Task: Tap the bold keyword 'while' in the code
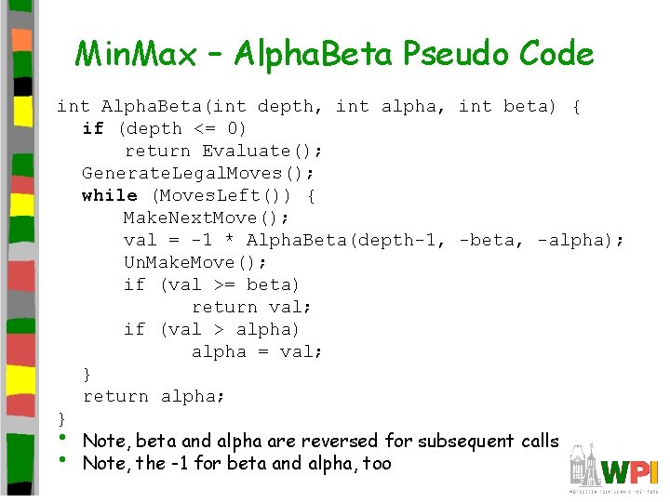coord(110,195)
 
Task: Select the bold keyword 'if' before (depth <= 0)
coord(93,128)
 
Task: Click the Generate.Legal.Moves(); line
coord(198,173)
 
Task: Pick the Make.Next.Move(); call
coord(207,218)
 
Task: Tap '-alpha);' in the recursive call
coord(581,240)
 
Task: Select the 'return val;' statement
coord(251,307)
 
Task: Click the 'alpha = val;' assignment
coord(257,351)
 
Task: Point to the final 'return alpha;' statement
coord(154,396)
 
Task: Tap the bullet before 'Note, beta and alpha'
coord(61,438)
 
